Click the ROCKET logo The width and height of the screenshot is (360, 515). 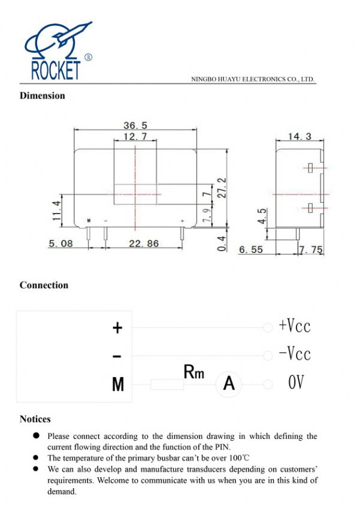(x=58, y=51)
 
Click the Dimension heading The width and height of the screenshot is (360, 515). (x=43, y=95)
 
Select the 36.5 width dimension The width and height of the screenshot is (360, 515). (x=135, y=125)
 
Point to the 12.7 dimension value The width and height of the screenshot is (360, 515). (x=135, y=137)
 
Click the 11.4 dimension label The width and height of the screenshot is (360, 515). (x=57, y=211)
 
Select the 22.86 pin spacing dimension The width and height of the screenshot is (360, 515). (x=144, y=244)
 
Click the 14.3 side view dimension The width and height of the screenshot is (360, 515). (x=300, y=137)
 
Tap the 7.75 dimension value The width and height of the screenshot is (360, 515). (x=311, y=249)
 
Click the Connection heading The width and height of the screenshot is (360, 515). (x=44, y=285)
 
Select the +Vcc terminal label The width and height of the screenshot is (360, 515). (x=295, y=326)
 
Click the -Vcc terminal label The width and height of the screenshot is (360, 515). (x=295, y=354)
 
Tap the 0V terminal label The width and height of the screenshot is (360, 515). (x=296, y=383)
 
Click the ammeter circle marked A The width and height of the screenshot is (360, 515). (x=228, y=383)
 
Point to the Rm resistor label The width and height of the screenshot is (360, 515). (x=193, y=372)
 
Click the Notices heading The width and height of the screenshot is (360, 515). (x=35, y=419)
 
